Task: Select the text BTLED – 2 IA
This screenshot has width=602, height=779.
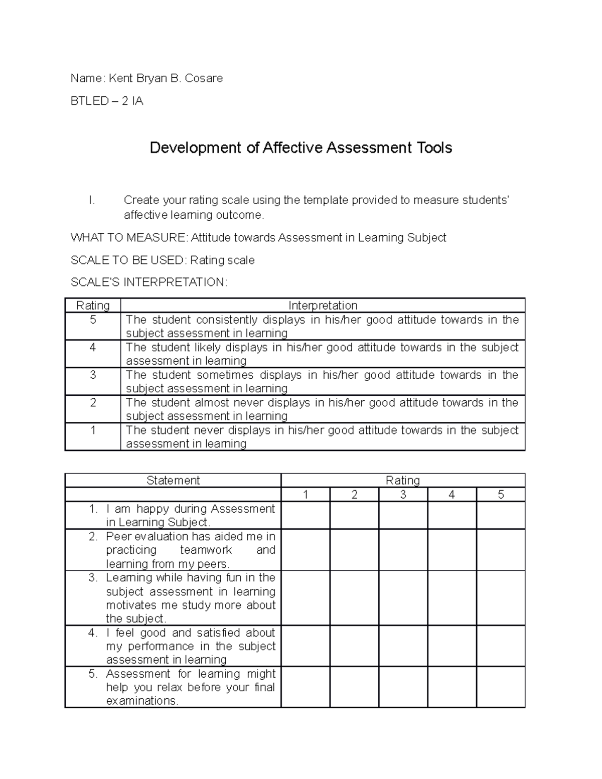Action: point(107,101)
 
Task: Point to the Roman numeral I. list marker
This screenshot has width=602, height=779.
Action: point(91,200)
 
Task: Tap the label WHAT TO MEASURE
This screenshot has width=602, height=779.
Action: point(128,238)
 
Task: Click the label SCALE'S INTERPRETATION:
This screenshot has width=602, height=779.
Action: point(149,282)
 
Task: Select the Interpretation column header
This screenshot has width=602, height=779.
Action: point(323,305)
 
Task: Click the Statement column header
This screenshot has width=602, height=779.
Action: point(173,481)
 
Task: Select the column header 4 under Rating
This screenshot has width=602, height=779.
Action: point(452,495)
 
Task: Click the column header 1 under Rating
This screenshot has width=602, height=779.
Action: point(305,495)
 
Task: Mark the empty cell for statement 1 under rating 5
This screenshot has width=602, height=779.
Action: point(500,516)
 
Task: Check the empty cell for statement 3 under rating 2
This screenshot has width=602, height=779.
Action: point(354,598)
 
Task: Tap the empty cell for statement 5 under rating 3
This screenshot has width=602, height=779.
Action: point(403,687)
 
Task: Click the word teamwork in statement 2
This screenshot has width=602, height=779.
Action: point(206,550)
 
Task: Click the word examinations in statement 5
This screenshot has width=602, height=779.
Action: point(141,701)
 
